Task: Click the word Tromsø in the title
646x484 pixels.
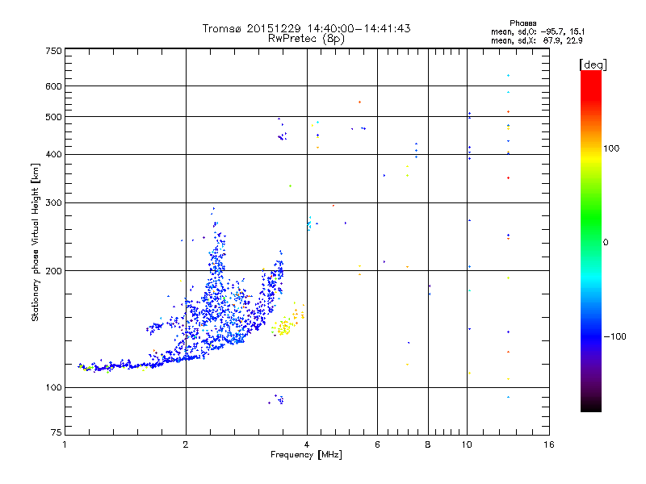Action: [220, 28]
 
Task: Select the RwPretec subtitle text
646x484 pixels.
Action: [294, 38]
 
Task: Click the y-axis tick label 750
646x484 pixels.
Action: [52, 51]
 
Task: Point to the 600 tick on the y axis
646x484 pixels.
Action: [52, 86]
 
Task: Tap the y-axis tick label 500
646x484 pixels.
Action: [52, 117]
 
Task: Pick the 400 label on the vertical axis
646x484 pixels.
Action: [52, 154]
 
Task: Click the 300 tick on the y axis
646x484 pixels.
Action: [52, 202]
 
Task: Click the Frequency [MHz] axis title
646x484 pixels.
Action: [306, 455]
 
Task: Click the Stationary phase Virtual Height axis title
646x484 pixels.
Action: [36, 243]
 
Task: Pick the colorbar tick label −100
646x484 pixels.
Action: [615, 336]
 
